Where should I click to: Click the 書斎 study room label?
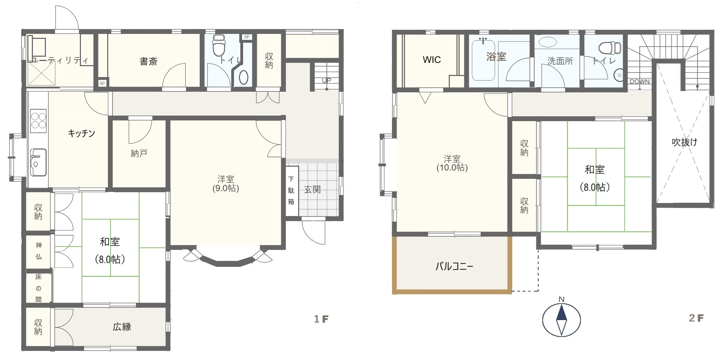click(x=149, y=62)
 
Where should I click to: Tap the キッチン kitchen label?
click(x=81, y=133)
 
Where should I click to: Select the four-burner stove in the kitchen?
click(x=39, y=121)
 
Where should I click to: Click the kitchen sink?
click(x=38, y=162)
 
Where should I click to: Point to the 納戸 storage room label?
click(x=139, y=153)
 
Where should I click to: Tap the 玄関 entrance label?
click(x=312, y=190)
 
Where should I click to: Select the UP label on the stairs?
click(x=326, y=80)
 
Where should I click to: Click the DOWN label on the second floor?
click(x=640, y=82)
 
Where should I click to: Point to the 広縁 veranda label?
click(x=122, y=327)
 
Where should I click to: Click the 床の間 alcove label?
click(x=39, y=288)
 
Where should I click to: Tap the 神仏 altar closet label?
click(x=39, y=251)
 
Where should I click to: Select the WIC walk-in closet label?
click(x=432, y=60)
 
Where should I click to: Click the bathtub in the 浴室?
click(x=483, y=61)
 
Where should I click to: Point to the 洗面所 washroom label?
click(x=560, y=61)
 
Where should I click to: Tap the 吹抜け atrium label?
click(x=684, y=142)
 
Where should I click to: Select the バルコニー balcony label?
click(x=454, y=266)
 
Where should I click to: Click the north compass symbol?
click(x=562, y=320)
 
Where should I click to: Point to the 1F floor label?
click(x=321, y=319)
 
